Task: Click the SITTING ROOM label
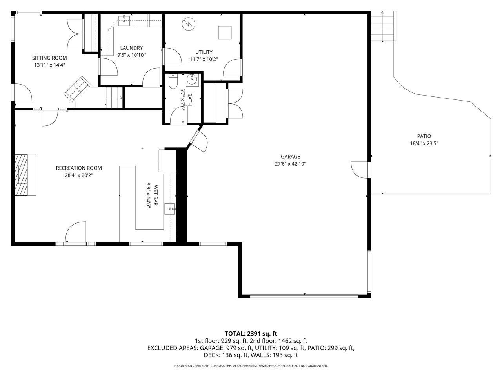point(49,58)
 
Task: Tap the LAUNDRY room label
point(131,48)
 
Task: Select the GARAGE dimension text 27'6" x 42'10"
point(291,164)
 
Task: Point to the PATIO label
point(424,136)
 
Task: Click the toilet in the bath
point(173,81)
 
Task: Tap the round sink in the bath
point(192,80)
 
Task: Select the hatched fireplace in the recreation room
point(21,175)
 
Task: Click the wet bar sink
point(170,209)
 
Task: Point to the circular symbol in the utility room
point(189,24)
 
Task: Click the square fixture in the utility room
point(225,33)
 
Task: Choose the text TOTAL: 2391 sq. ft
point(251,334)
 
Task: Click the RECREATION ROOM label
point(79,168)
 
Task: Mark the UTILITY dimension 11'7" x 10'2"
point(204,59)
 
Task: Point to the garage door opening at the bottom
point(304,296)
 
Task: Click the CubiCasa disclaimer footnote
point(251,366)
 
